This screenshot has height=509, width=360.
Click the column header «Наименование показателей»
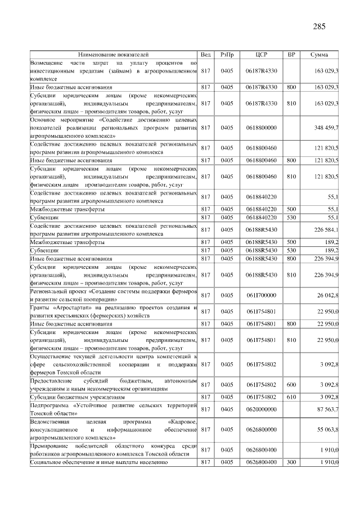point(114,55)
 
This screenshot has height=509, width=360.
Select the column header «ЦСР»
point(261,55)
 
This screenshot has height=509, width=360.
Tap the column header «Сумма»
point(319,55)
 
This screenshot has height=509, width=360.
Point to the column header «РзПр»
point(227,55)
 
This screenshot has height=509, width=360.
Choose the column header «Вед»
point(205,55)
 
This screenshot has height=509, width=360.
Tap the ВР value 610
point(291,397)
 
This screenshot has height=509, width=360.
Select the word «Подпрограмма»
point(49,405)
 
